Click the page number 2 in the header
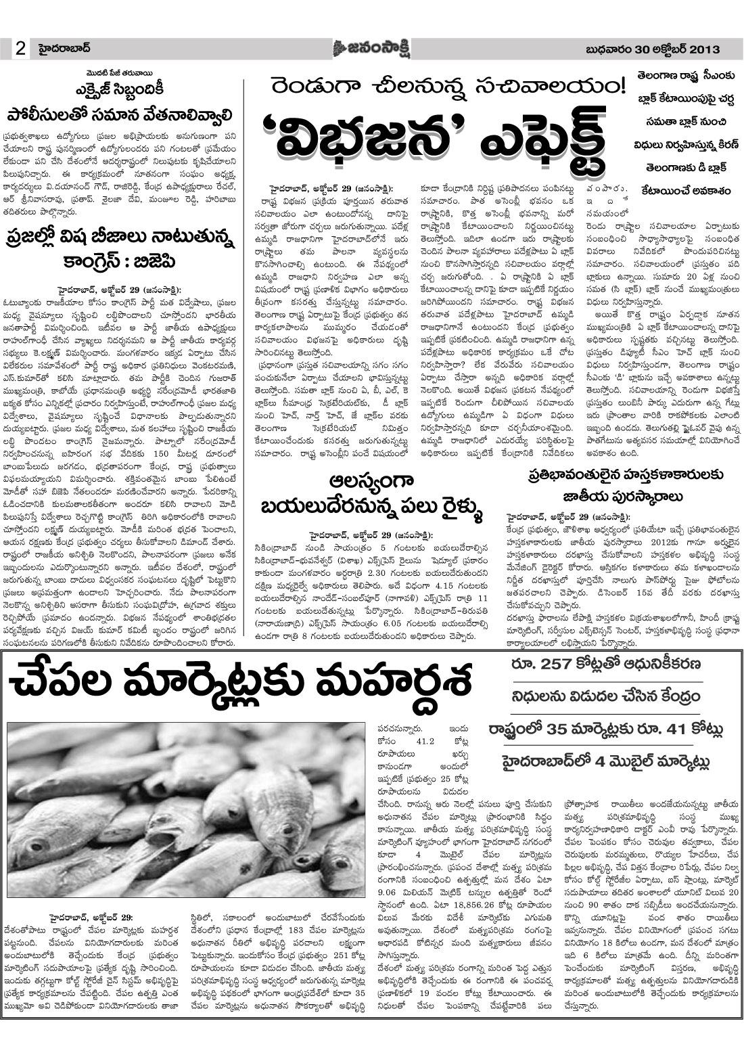click(20, 48)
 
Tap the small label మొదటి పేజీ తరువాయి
click(122, 69)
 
